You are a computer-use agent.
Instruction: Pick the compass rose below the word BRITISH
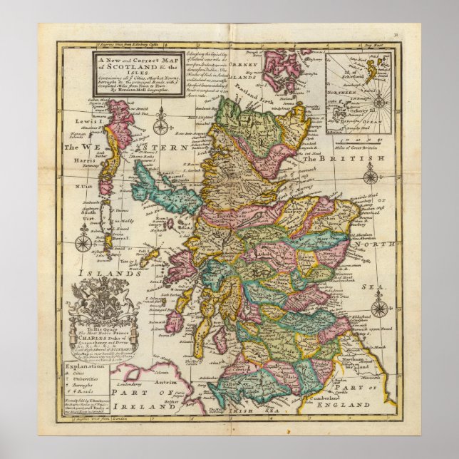[x=371, y=177]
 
